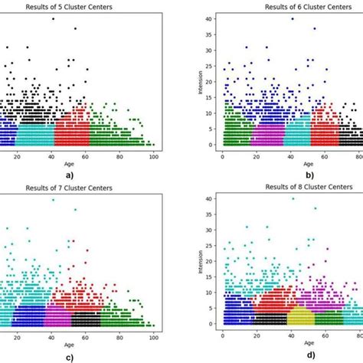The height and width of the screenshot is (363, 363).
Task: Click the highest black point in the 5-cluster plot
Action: point(53,18)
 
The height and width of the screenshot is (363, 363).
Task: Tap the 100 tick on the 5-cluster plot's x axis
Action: point(154,155)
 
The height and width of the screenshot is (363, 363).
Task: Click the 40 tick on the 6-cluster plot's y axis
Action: point(212,18)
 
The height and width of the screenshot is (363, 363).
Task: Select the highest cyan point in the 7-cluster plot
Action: point(53,200)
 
